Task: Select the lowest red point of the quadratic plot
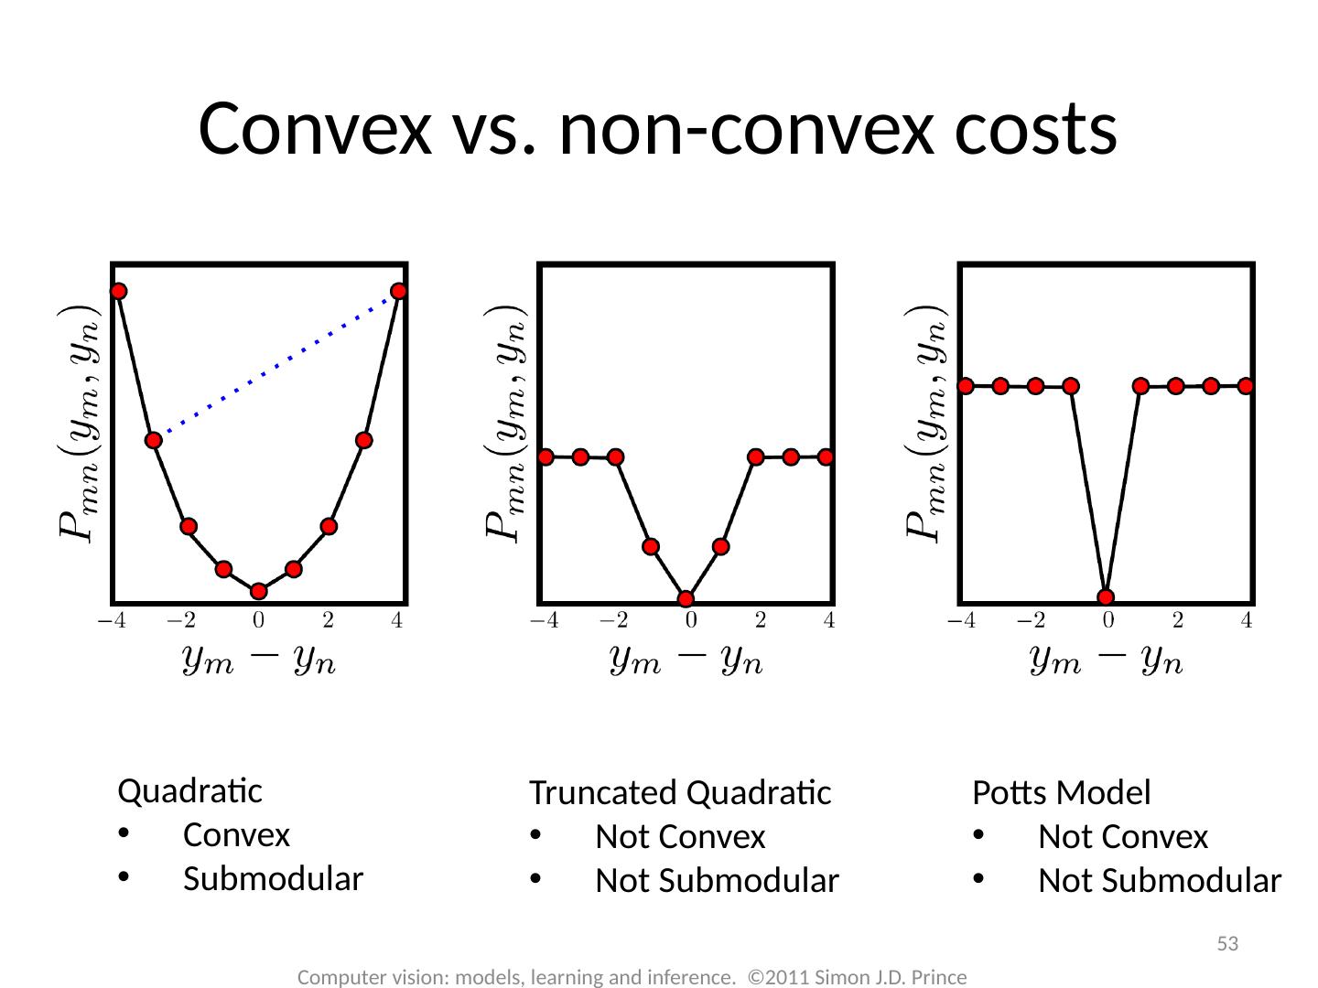259,591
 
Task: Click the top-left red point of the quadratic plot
118,291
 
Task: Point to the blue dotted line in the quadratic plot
275,366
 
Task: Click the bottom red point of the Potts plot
1106,597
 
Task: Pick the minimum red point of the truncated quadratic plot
686,599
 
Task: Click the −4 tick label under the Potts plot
960,622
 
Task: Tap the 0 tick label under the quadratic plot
259,622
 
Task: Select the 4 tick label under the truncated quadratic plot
828,622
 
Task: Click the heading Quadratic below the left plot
190,790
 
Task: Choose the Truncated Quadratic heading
680,793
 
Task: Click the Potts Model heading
1061,793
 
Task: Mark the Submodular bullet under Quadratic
273,879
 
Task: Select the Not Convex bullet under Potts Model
1123,837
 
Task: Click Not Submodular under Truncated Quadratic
717,881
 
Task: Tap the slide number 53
1226,943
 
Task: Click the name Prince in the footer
940,977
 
